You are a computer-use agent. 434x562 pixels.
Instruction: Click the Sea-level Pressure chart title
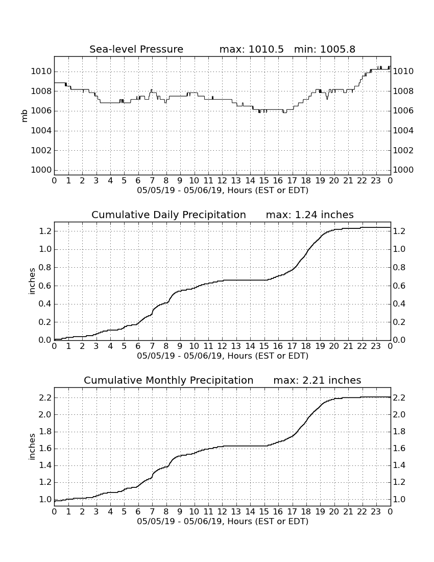point(136,49)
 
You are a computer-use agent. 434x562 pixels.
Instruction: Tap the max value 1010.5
point(266,49)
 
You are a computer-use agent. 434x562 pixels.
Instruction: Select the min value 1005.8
point(337,49)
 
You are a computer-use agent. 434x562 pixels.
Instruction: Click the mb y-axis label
point(25,116)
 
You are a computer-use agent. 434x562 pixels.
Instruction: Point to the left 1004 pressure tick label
point(41,130)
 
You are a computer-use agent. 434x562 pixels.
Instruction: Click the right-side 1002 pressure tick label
point(403,150)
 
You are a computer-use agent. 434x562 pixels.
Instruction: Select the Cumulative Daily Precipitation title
point(168,215)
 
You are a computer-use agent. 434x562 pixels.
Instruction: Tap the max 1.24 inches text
point(309,215)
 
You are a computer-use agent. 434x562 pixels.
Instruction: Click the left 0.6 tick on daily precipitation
point(45,286)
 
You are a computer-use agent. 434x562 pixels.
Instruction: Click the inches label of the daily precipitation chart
point(32,282)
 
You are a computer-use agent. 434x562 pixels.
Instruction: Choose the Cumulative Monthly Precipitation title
point(168,380)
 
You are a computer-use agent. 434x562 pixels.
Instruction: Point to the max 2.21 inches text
point(317,380)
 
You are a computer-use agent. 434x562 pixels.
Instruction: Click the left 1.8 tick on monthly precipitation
point(45,432)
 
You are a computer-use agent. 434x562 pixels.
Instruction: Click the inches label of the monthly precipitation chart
point(32,447)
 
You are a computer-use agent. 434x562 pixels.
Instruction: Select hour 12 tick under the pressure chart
point(222,181)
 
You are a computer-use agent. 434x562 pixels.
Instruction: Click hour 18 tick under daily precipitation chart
point(306,346)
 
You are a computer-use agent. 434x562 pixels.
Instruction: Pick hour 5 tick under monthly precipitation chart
point(124,511)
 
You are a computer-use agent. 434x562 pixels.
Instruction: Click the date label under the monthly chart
point(223,521)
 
